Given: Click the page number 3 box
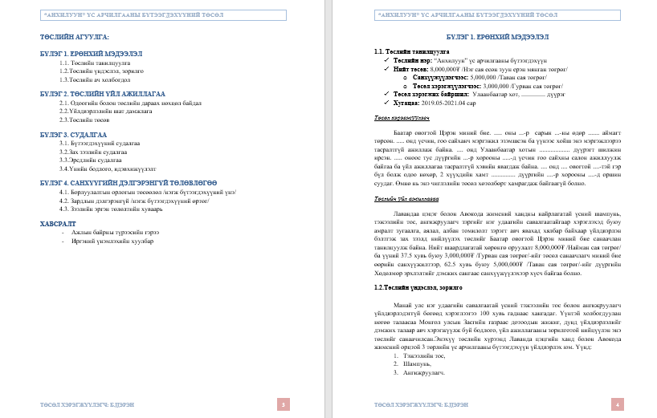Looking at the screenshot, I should click(283, 404).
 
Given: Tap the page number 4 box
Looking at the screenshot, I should click(618, 404).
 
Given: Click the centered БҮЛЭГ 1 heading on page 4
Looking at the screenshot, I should click(497, 38).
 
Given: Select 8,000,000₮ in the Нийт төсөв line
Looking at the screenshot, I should click(447, 69).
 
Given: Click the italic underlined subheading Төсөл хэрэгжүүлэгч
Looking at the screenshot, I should click(401, 117).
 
